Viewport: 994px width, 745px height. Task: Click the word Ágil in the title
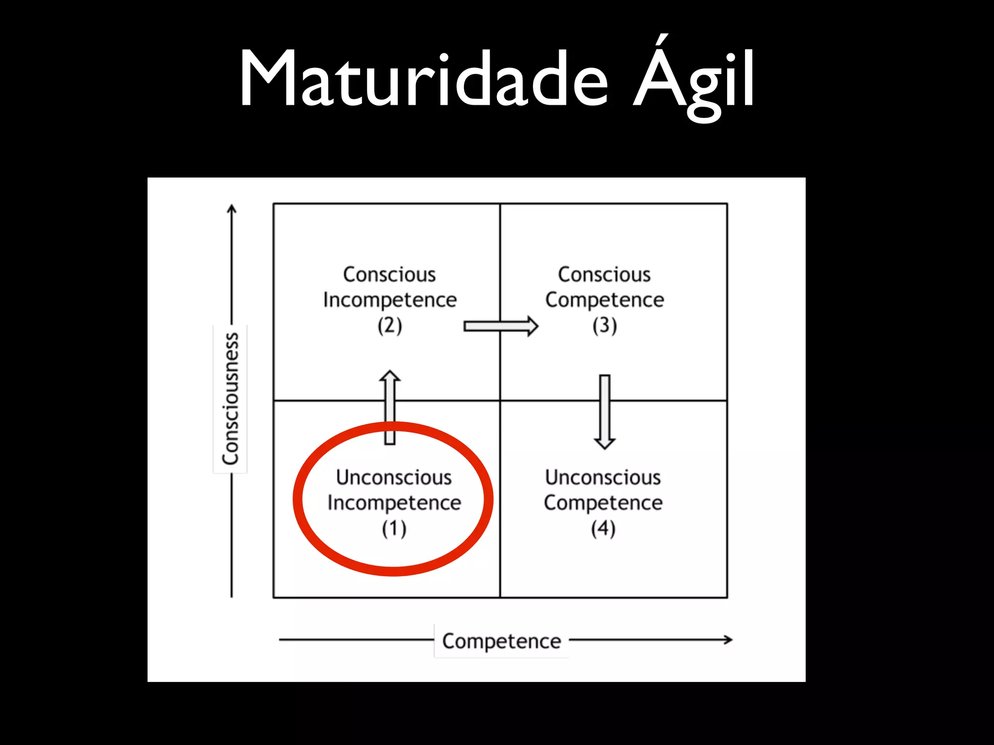(694, 79)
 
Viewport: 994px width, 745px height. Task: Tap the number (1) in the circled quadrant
(394, 529)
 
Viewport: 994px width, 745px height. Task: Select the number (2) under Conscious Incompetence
(390, 325)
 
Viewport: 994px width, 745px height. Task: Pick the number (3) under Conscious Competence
(604, 325)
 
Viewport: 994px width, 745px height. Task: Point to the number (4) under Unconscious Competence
(603, 529)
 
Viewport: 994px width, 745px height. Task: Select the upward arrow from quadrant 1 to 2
(390, 407)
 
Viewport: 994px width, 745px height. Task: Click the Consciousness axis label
(231, 398)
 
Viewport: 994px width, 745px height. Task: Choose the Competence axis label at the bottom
(501, 641)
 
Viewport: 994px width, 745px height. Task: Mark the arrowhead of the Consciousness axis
(232, 209)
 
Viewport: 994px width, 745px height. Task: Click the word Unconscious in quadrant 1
(394, 478)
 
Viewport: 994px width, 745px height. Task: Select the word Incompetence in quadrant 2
(390, 300)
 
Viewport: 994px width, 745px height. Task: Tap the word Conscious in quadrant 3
(604, 275)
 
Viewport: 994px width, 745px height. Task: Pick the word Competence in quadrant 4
(603, 503)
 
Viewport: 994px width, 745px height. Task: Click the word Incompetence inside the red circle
(394, 503)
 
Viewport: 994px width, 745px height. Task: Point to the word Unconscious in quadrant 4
(603, 478)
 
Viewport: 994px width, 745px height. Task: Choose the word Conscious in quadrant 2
(390, 275)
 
